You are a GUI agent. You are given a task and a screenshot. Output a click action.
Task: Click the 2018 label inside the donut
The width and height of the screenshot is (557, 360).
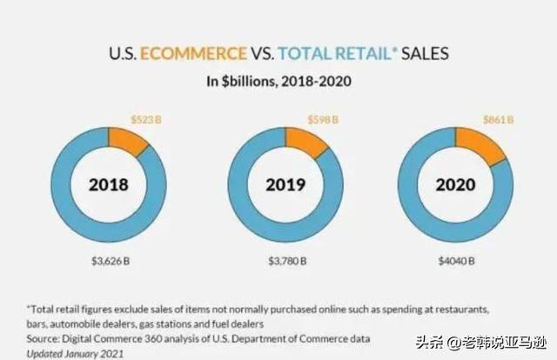point(109,184)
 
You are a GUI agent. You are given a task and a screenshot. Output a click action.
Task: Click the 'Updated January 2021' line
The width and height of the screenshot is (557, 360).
point(75,353)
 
